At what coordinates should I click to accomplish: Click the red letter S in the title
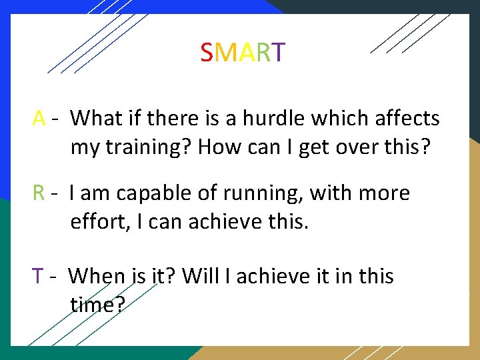pos(207,52)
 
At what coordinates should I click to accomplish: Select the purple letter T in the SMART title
pos(279,52)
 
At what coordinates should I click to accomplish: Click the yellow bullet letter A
pos(39,119)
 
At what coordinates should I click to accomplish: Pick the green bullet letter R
pos(39,193)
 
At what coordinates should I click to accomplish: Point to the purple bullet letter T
pos(38,276)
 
